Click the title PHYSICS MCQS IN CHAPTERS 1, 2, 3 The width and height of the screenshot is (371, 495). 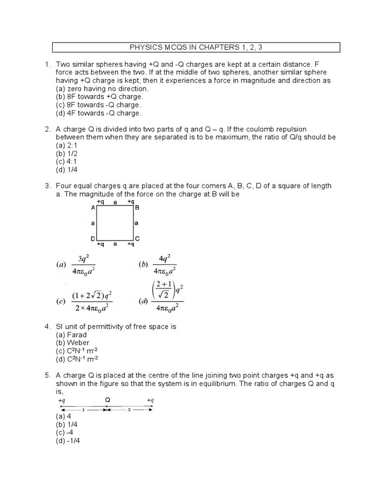[196, 47]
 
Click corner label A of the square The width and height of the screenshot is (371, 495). [93, 207]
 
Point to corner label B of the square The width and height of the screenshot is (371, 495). [137, 207]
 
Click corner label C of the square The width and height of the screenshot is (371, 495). [137, 238]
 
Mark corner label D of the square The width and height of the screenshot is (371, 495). [92, 239]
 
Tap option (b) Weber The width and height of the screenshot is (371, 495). [73, 343]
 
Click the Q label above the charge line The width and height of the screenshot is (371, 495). [108, 400]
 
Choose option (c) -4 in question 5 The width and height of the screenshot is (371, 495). [65, 432]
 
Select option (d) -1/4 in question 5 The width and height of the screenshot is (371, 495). [68, 440]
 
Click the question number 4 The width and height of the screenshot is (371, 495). [47, 327]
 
